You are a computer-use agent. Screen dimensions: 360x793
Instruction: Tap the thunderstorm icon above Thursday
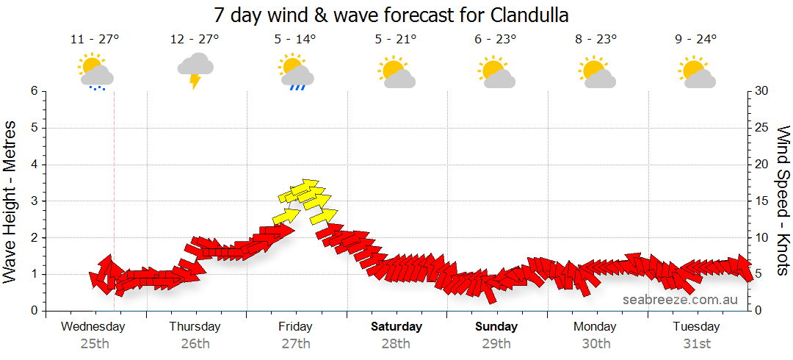(x=195, y=71)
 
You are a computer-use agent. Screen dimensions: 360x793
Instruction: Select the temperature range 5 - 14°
(x=295, y=40)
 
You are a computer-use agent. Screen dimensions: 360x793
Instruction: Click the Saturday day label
(x=396, y=326)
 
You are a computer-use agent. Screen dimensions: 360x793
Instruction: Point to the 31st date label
(x=696, y=343)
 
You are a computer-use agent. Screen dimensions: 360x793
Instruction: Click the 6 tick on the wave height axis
(x=34, y=91)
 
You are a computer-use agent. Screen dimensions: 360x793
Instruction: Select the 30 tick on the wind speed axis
(x=762, y=91)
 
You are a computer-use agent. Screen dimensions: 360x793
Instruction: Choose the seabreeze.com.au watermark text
(x=680, y=300)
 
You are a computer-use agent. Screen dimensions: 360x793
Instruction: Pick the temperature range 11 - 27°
(x=95, y=40)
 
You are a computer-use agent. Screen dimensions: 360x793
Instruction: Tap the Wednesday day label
(x=94, y=326)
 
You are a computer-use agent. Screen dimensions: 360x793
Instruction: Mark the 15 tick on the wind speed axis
(x=761, y=201)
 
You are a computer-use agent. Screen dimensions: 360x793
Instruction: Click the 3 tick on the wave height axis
(x=34, y=201)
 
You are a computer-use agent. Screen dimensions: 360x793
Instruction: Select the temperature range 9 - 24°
(x=696, y=40)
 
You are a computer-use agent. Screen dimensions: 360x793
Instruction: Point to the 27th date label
(x=295, y=343)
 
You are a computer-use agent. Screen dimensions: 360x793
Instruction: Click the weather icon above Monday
(x=596, y=72)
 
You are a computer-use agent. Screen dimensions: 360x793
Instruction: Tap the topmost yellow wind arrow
(x=308, y=183)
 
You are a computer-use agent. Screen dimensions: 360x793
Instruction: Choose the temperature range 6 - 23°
(x=496, y=40)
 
